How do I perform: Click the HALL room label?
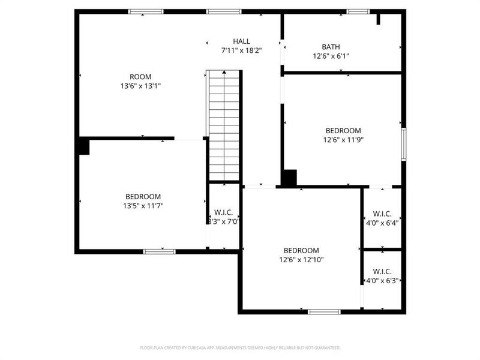tap(241, 41)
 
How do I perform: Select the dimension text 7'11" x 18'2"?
tap(241, 50)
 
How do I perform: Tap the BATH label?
tap(331, 47)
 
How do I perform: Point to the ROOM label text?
tap(140, 77)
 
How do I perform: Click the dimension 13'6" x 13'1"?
tap(140, 86)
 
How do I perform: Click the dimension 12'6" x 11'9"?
tap(343, 140)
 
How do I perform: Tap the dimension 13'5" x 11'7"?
tap(143, 206)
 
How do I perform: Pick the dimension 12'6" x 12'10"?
tap(301, 260)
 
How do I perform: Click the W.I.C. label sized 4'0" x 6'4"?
tap(382, 214)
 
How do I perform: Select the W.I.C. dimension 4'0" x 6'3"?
tap(382, 280)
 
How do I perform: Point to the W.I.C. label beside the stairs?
tap(224, 212)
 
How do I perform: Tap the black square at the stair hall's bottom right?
tap(289, 178)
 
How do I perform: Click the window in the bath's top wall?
tap(358, 11)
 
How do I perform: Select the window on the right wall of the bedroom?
tap(404, 144)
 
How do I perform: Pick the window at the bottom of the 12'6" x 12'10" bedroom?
tap(324, 311)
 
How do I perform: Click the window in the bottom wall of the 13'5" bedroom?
tap(159, 251)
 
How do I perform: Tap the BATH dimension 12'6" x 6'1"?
tap(331, 56)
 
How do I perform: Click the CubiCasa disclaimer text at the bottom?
tap(240, 347)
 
